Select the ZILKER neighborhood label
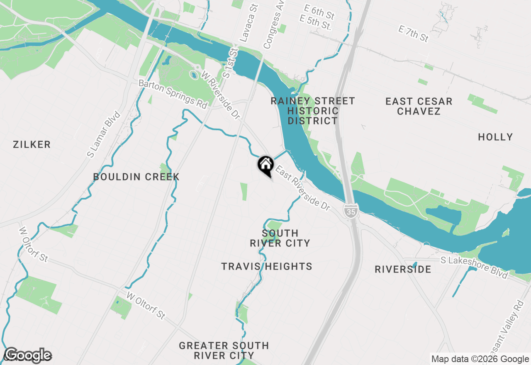[x=32, y=145]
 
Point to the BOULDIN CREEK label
[x=136, y=177]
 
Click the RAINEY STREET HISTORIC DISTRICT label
[x=313, y=111]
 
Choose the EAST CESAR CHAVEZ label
[x=419, y=106]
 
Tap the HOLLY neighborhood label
[x=495, y=137]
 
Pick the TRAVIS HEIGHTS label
[x=266, y=266]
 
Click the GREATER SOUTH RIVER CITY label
[x=224, y=350]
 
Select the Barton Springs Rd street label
[x=173, y=94]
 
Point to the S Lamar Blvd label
[x=103, y=134]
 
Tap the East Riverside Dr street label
[x=302, y=188]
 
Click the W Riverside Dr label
[x=220, y=95]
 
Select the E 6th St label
[x=319, y=12]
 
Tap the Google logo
[x=28, y=355]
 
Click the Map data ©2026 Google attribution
[x=480, y=359]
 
